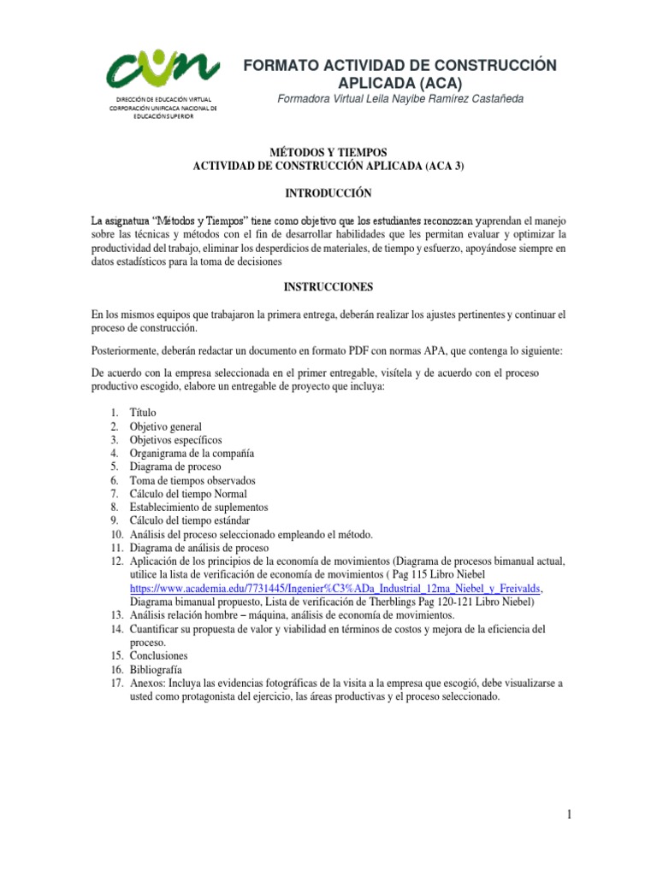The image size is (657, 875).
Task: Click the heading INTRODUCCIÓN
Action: tap(329, 194)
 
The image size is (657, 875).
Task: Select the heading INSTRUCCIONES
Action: tap(329, 287)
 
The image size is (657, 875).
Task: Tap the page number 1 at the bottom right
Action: tap(568, 816)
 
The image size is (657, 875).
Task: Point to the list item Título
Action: tap(143, 413)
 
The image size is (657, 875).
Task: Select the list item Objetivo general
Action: tap(166, 426)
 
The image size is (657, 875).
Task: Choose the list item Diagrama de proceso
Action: tap(175, 467)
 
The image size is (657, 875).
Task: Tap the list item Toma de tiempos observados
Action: tap(192, 480)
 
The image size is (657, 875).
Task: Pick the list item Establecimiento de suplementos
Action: tap(198, 507)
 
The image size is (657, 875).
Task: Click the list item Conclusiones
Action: tap(158, 656)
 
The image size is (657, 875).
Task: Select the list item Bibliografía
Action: tap(156, 670)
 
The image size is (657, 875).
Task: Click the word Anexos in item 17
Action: tap(147, 684)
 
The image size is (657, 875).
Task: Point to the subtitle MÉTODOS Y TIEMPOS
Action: tap(329, 152)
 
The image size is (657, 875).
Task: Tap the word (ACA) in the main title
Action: tap(436, 83)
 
